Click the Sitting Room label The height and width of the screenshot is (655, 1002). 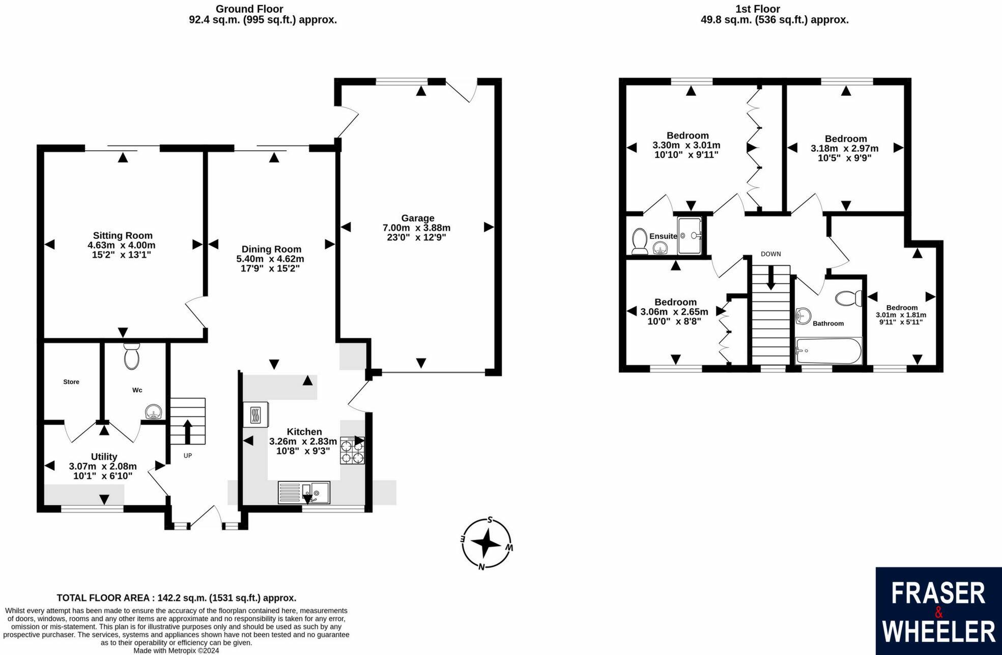123,235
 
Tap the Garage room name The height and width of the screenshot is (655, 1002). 417,218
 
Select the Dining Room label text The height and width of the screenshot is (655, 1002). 271,249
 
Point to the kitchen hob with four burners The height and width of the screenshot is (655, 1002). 353,451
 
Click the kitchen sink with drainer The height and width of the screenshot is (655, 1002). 304,493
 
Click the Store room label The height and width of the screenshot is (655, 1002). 71,382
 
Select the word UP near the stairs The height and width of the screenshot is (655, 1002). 188,456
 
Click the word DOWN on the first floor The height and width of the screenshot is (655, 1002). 770,254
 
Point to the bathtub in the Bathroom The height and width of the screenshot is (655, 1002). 828,350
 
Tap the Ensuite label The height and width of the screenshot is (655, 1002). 663,236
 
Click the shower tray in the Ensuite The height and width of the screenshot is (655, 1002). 690,235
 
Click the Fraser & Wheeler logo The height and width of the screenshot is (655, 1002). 938,611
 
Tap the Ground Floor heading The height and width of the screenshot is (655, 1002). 249,9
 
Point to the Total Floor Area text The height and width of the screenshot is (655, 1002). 177,598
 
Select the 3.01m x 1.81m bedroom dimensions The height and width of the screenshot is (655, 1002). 901,315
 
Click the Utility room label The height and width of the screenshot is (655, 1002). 104,457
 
